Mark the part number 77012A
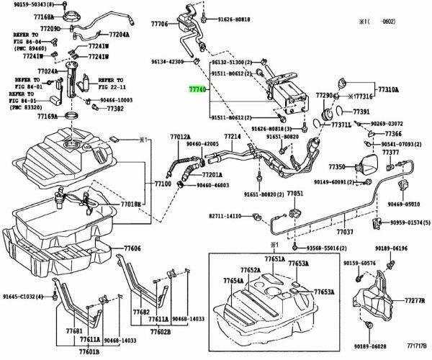point(180,136)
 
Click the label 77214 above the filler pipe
point(232,136)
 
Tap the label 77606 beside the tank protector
point(130,248)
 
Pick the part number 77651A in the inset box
point(274,258)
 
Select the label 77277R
point(413,299)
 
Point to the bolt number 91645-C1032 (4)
point(22,297)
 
